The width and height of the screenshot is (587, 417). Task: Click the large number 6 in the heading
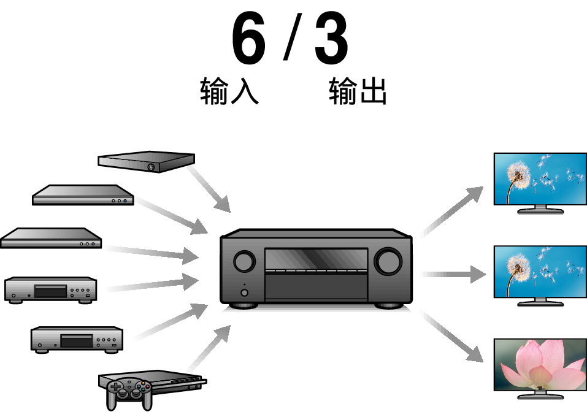pos(248,40)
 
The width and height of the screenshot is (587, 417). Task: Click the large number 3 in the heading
pos(331,40)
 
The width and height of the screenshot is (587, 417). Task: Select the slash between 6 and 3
pos(290,40)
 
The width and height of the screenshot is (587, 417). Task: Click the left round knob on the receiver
pos(244,261)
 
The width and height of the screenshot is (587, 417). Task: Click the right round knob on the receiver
pos(389,261)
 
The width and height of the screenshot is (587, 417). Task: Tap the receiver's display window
pos(316,258)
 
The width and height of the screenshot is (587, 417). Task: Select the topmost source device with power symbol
pos(146,161)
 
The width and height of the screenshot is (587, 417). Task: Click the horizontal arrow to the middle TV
pos(454,275)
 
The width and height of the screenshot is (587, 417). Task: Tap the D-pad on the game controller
pos(116,387)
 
